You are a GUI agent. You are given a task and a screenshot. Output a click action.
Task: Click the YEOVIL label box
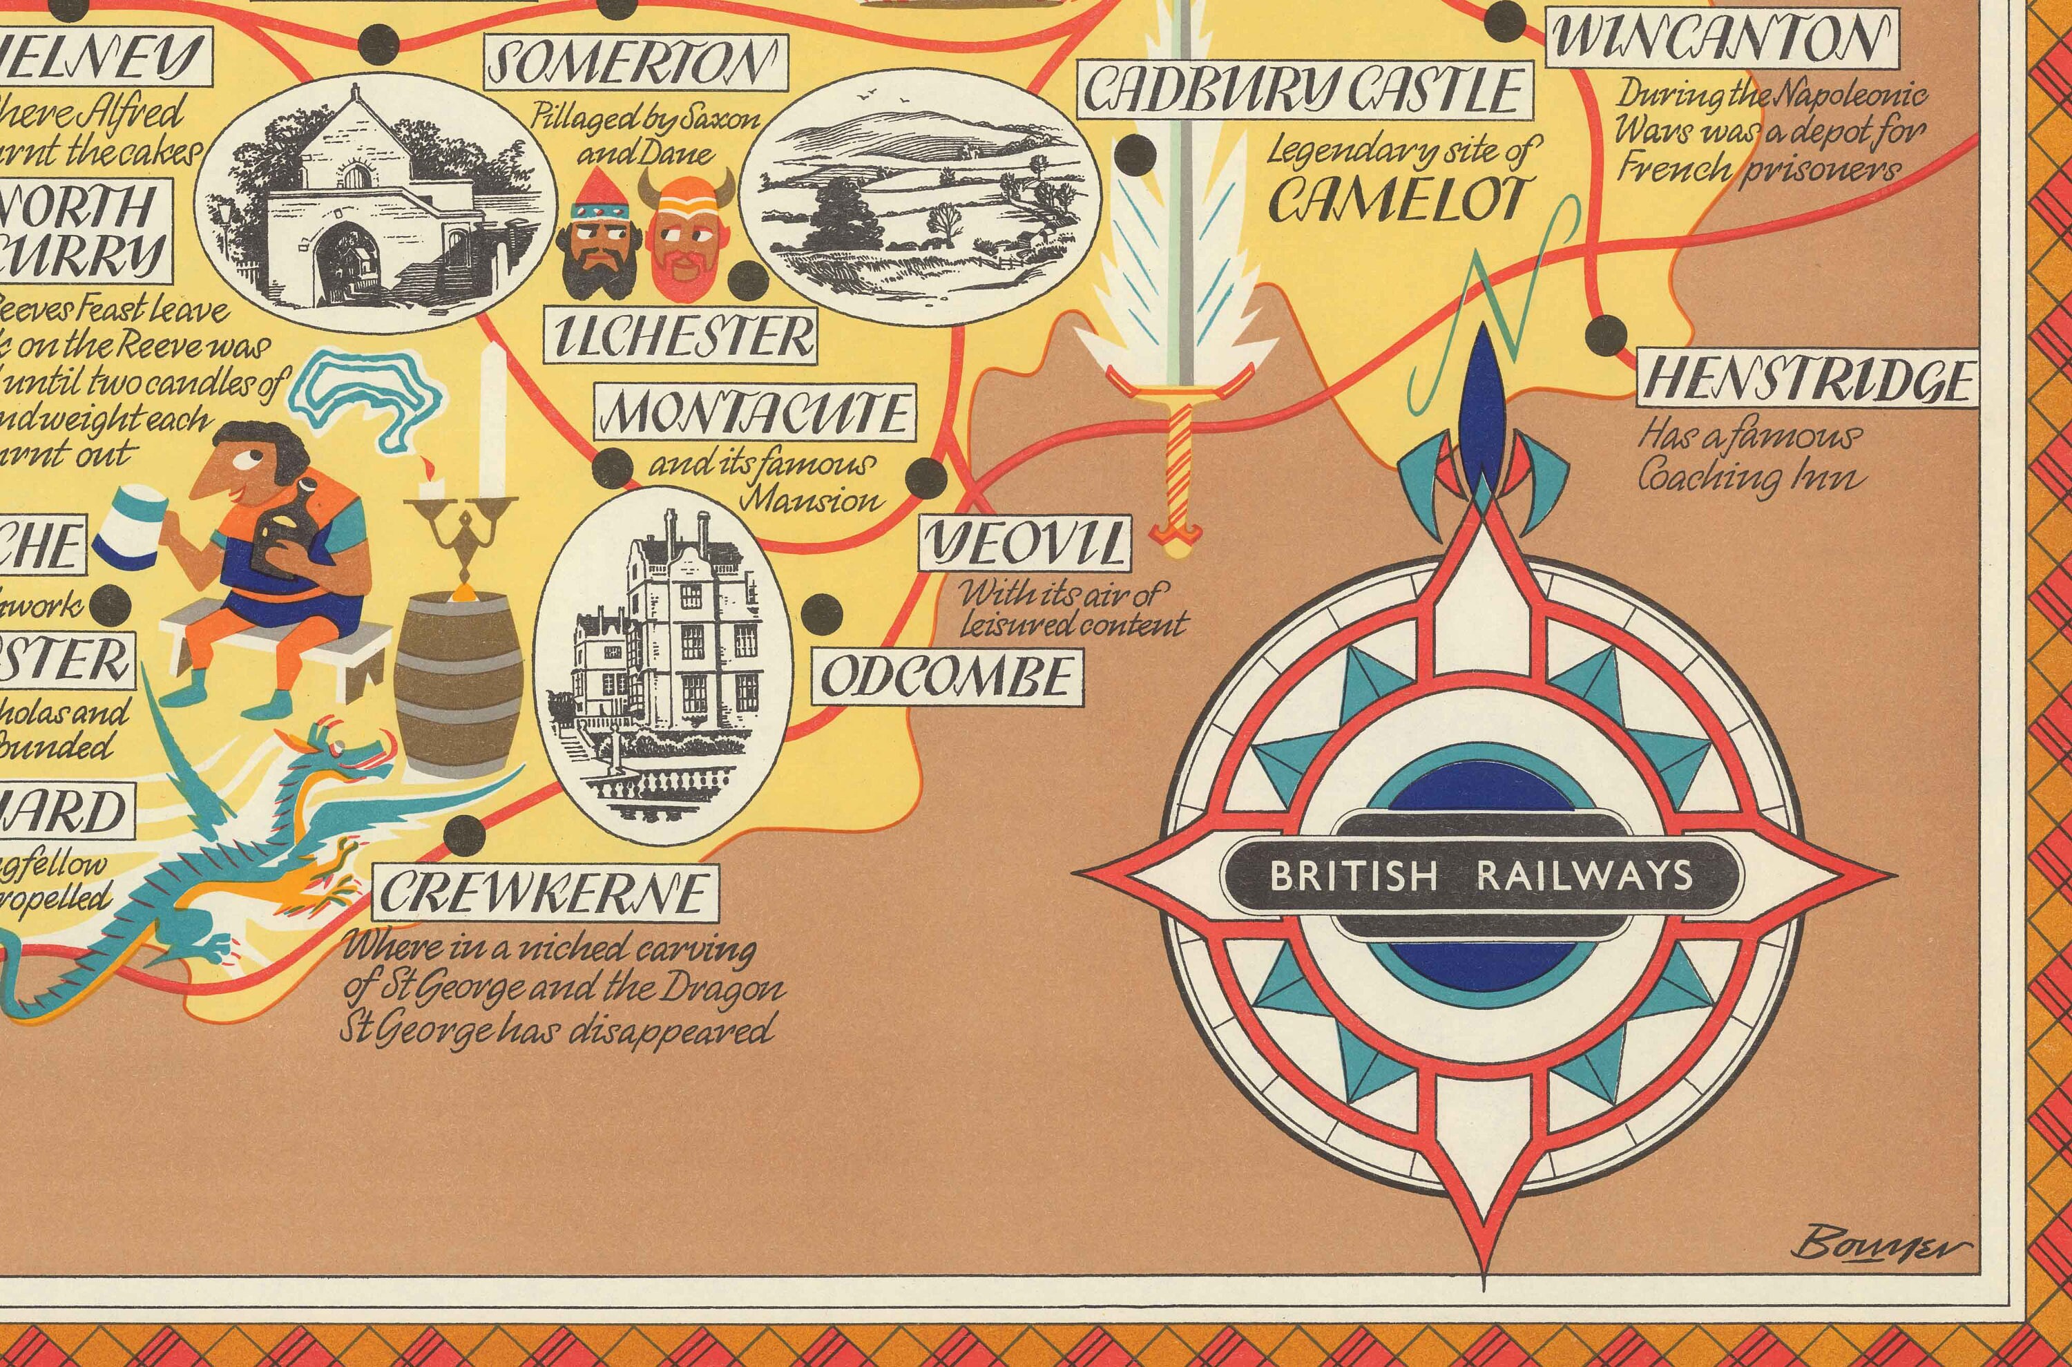point(1025,544)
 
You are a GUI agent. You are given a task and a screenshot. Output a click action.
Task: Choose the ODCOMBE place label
point(948,676)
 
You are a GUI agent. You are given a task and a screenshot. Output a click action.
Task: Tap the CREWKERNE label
point(545,892)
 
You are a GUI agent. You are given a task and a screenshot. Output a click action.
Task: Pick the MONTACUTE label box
point(755,415)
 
